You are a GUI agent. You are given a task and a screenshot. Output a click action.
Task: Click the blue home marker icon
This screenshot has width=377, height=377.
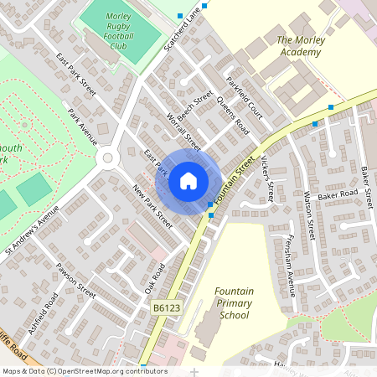coord(188,181)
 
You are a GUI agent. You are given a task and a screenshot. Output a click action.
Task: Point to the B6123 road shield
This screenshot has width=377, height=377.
coord(166,310)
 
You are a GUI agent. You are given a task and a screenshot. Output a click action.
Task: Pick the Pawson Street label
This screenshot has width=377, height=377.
coord(75,279)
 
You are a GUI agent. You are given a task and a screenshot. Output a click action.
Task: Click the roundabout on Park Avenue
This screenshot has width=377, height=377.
coord(106,158)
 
